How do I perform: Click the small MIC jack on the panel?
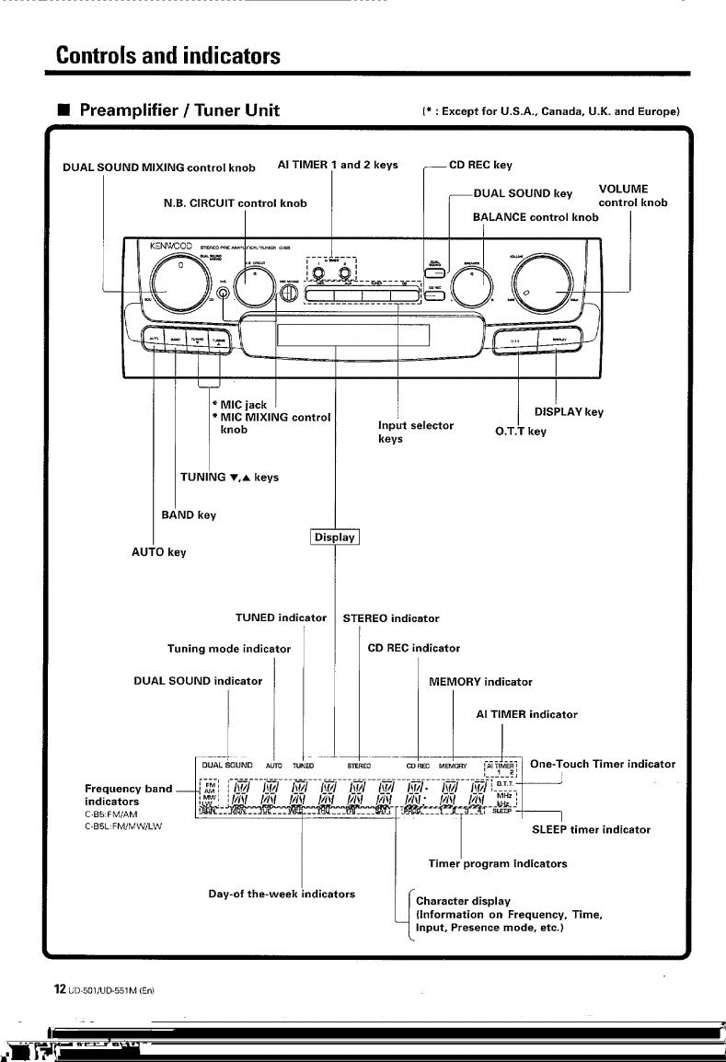[225, 294]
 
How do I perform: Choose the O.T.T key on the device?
[518, 341]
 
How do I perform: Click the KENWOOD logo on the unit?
[169, 247]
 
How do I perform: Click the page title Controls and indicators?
[168, 55]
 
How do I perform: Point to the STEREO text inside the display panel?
[359, 765]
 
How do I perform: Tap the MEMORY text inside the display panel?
[453, 765]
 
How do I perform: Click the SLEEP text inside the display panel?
[501, 810]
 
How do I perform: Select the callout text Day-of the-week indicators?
[282, 894]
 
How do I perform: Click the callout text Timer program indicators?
[498, 863]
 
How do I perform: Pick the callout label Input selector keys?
[415, 432]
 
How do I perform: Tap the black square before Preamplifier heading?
[63, 112]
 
